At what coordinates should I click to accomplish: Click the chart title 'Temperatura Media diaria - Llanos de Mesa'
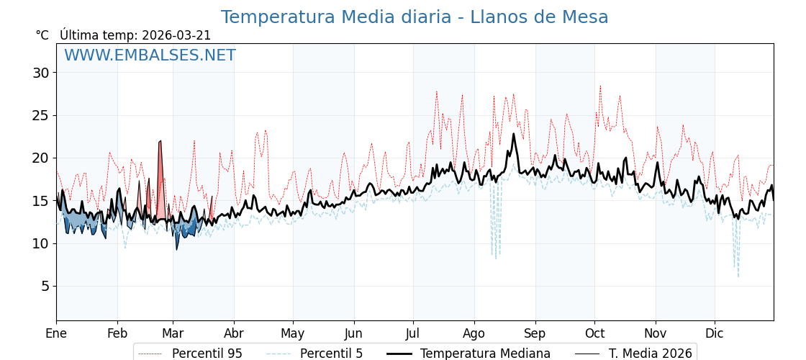coord(414,17)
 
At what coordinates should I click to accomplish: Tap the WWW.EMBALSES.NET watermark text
coord(150,55)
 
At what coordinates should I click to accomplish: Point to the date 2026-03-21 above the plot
coord(176,35)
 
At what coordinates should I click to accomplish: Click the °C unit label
coord(42,35)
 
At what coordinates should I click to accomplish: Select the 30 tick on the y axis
coord(40,73)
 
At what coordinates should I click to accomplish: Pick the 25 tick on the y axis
coord(40,115)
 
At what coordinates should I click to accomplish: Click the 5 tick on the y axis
coord(45,286)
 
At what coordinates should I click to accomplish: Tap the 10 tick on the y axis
coord(40,243)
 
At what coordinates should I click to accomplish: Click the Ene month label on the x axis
coord(56,333)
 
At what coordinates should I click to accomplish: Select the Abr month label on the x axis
coord(234,333)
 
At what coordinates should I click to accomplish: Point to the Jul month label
coord(413,333)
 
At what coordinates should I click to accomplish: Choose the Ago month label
coord(474,333)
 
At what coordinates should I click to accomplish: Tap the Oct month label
coord(594,333)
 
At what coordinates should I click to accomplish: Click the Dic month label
coord(715,333)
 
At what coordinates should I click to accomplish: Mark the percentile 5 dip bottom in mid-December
coord(738,276)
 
